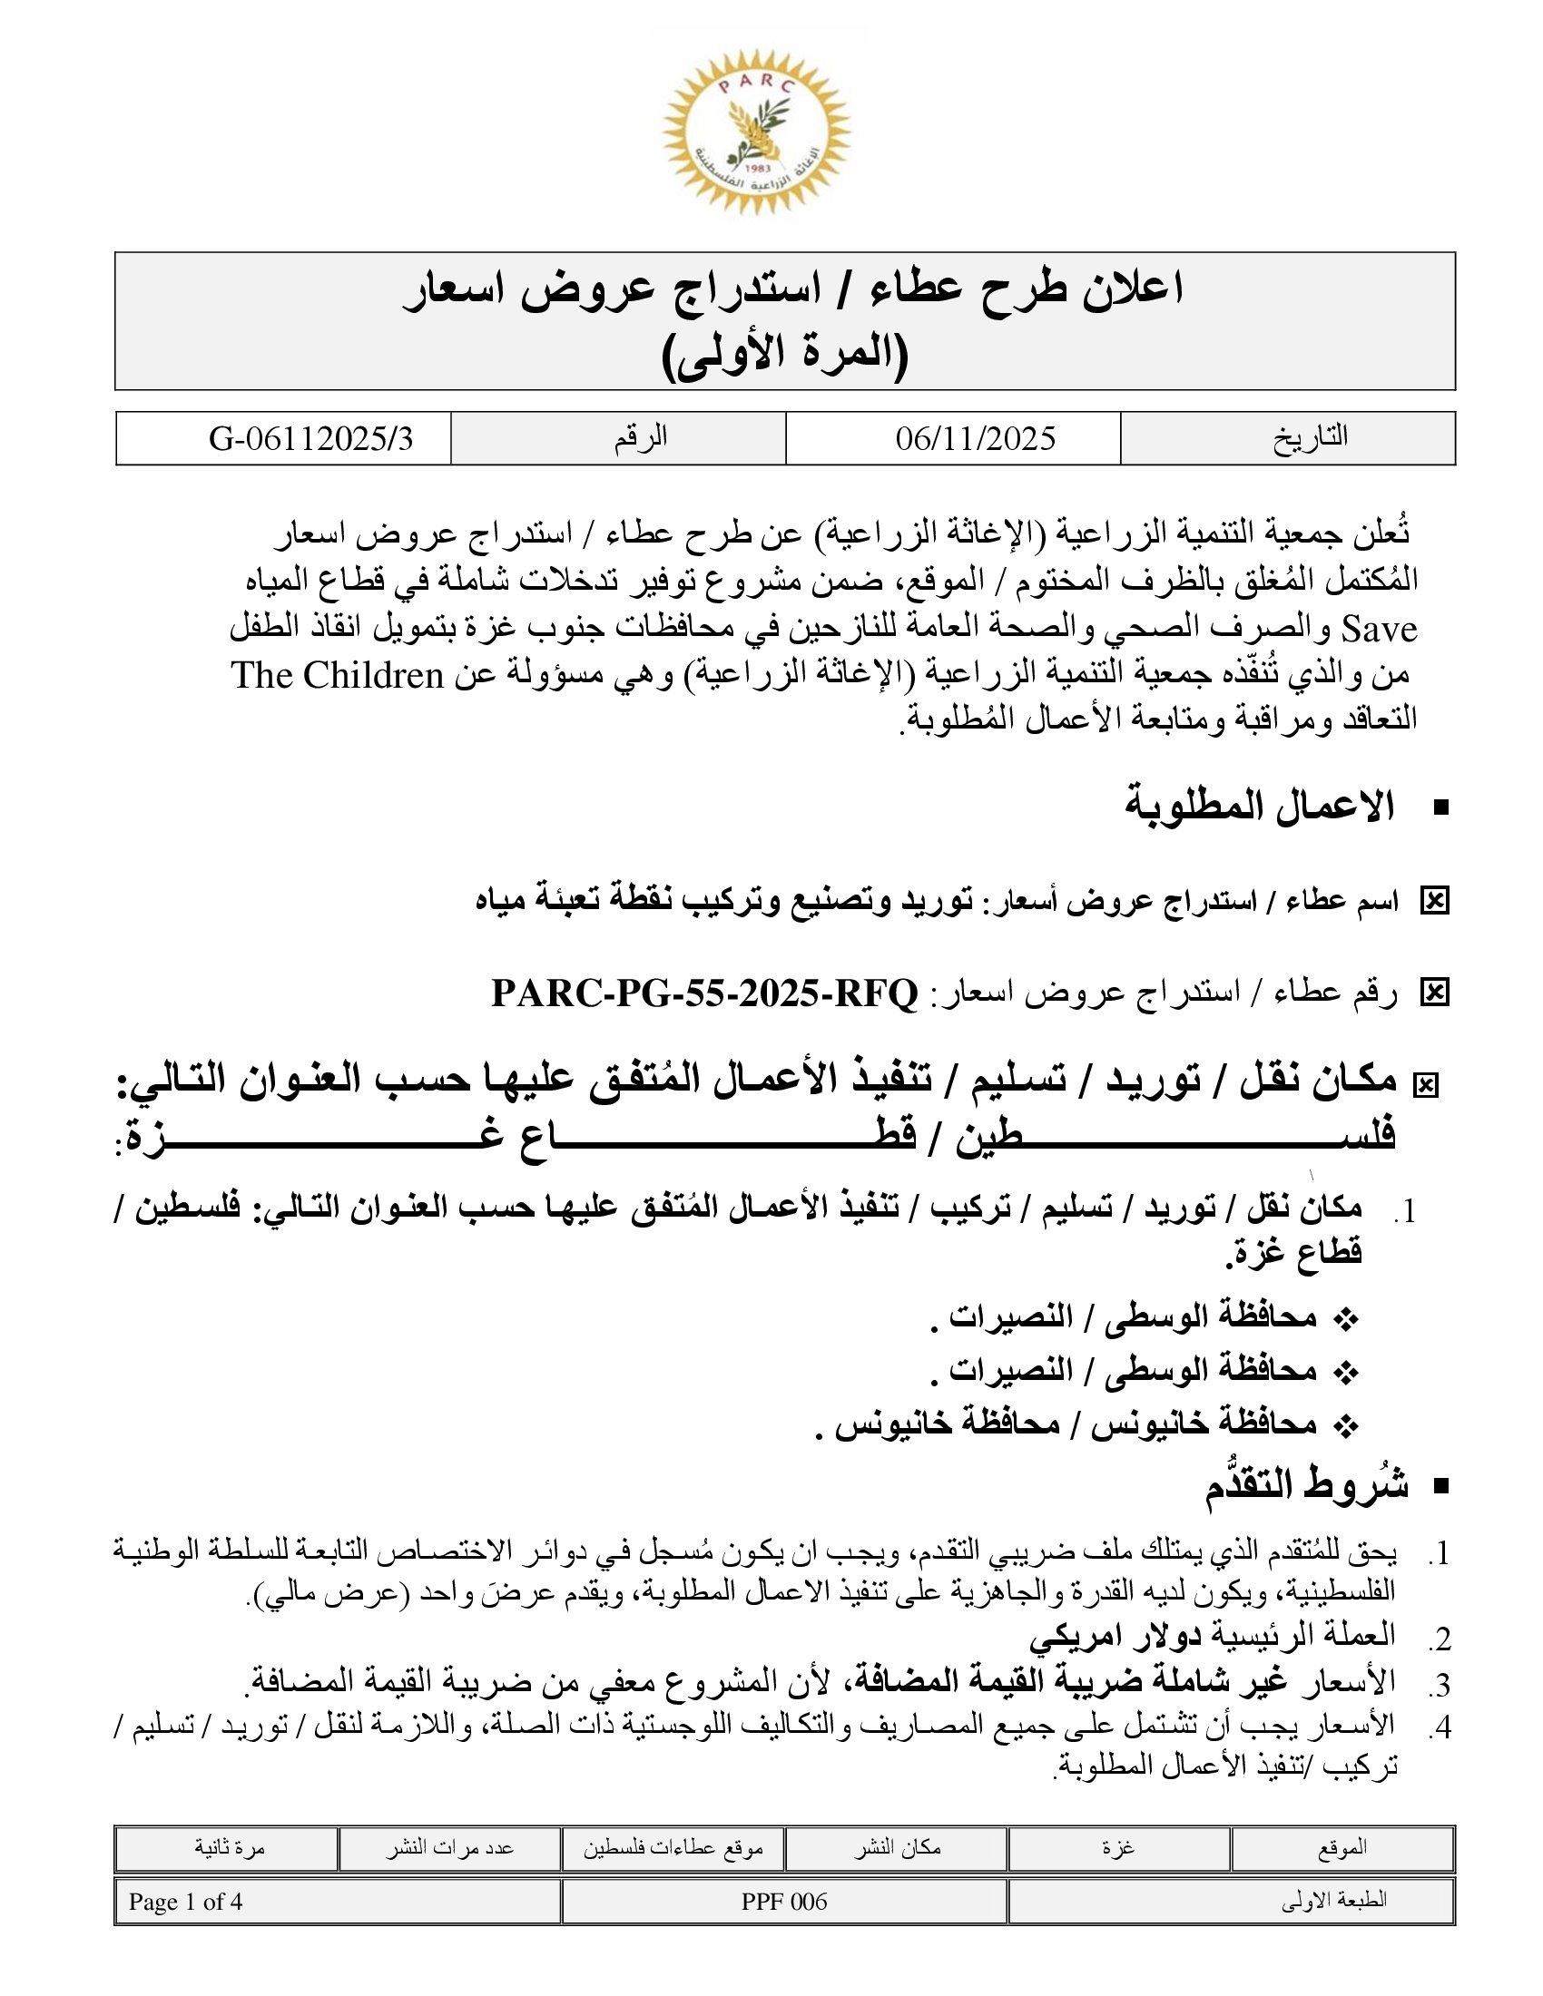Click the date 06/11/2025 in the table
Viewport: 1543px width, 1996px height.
click(976, 439)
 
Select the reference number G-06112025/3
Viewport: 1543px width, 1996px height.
click(310, 439)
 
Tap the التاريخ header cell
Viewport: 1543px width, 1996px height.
click(1310, 437)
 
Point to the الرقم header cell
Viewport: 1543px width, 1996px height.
click(640, 437)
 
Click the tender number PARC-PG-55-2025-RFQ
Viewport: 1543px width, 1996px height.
click(703, 993)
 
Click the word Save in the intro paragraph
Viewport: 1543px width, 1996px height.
click(1380, 629)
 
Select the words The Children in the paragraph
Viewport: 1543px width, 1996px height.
click(338, 675)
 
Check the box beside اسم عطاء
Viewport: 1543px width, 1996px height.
click(1434, 902)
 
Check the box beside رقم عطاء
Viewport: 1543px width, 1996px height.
click(1434, 993)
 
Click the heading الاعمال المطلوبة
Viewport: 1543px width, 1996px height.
click(1259, 806)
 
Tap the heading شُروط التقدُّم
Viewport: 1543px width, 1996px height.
click(1306, 1485)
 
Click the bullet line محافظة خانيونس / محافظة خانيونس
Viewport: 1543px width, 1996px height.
click(1065, 1423)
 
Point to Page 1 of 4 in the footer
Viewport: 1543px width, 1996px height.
click(185, 1902)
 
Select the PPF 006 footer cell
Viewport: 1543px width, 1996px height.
click(784, 1902)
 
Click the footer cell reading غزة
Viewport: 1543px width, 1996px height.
click(1119, 1847)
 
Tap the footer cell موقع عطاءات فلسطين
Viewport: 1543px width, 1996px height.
click(673, 1848)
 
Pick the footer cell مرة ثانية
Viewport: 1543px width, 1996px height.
click(230, 1847)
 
